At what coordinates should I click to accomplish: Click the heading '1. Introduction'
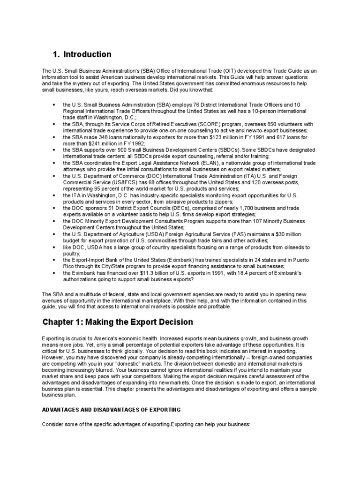click(x=82, y=54)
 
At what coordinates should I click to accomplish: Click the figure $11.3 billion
click(x=128, y=272)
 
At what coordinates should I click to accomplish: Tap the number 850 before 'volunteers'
click(x=270, y=124)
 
